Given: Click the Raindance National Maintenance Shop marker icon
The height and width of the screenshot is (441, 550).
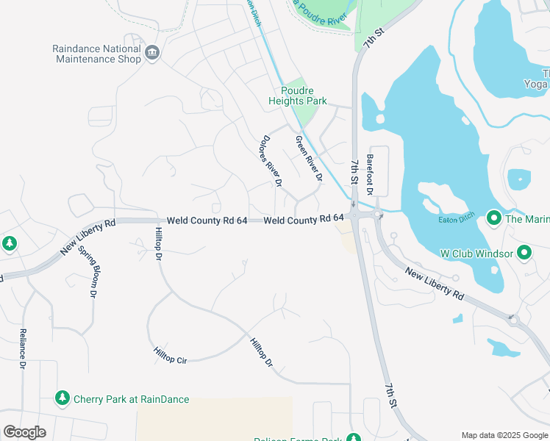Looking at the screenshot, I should click(x=152, y=51).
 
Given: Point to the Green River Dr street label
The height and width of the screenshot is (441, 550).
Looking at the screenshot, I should click(x=309, y=159).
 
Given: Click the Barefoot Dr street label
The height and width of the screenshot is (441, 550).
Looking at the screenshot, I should click(x=371, y=174).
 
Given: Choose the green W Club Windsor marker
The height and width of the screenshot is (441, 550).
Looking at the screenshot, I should click(x=524, y=254).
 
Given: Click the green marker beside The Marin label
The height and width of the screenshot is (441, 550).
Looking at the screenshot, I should click(x=493, y=218).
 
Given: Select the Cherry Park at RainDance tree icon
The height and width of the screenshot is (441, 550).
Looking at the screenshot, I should click(x=63, y=398).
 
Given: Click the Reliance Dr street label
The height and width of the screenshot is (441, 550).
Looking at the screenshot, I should click(x=23, y=349).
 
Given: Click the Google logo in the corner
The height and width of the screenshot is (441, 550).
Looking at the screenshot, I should click(x=24, y=431).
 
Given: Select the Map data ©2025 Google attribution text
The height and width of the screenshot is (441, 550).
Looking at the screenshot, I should click(x=504, y=435).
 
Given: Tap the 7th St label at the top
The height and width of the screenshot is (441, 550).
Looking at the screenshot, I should click(x=374, y=39).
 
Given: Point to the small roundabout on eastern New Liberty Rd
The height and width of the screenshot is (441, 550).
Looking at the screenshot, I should click(x=513, y=320).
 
